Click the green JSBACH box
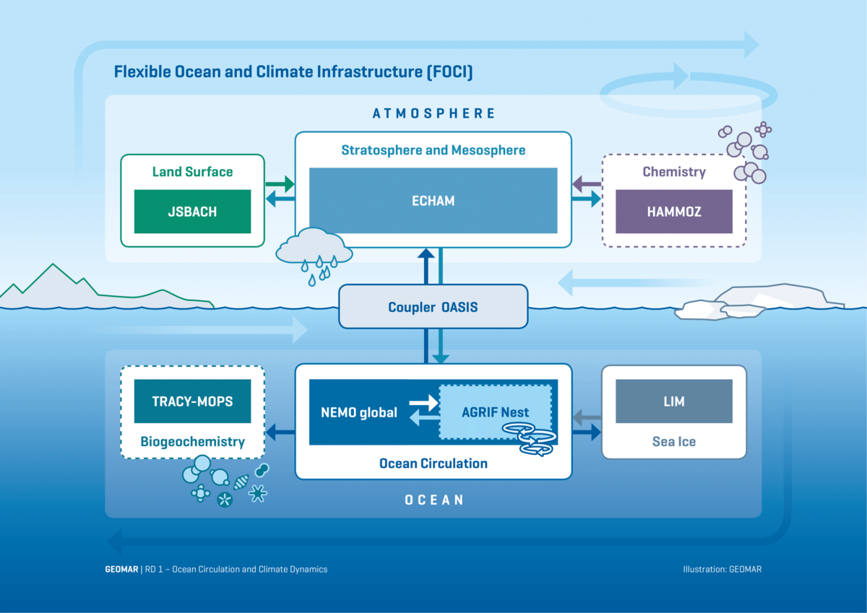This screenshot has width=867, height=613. (x=192, y=212)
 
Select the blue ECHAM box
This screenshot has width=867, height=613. (x=433, y=201)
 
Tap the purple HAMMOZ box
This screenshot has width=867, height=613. (x=673, y=212)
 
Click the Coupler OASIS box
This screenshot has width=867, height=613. (x=433, y=308)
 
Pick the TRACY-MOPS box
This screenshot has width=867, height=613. (x=192, y=401)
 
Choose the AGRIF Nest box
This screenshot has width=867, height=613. (x=495, y=412)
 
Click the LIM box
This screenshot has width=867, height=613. (x=673, y=401)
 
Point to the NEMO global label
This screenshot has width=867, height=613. (x=359, y=413)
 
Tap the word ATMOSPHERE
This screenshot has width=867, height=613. (x=433, y=113)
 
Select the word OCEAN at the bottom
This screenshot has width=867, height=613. (x=433, y=500)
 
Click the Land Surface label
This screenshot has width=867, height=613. (x=192, y=172)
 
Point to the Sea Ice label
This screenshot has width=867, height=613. (x=673, y=441)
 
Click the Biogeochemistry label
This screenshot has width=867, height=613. (x=192, y=441)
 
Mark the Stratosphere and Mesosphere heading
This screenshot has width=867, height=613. (x=433, y=150)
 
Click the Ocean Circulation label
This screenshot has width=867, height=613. (x=433, y=464)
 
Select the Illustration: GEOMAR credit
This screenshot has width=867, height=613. (x=722, y=569)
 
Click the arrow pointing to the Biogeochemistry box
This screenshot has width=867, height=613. (x=280, y=432)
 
